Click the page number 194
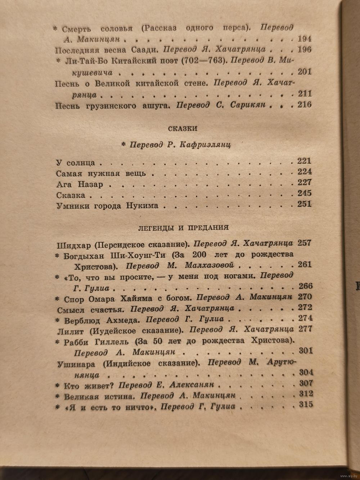305,39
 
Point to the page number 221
304,161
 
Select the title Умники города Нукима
107,207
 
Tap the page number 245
305,194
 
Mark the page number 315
306,405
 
